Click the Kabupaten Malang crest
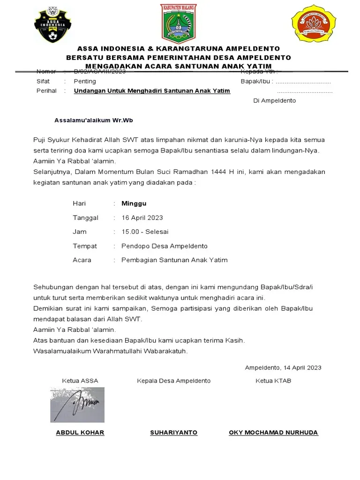click(x=179, y=23)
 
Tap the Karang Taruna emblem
click(x=314, y=23)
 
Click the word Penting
click(x=85, y=81)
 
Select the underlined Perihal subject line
click(x=152, y=90)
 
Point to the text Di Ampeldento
click(x=274, y=101)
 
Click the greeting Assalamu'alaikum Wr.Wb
click(x=94, y=120)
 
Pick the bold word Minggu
click(x=134, y=203)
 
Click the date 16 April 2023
click(x=142, y=217)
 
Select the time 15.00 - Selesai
click(x=145, y=232)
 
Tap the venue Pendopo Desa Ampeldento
click(x=164, y=246)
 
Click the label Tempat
click(x=85, y=246)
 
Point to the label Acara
click(x=82, y=260)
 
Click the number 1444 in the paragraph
click(x=220, y=172)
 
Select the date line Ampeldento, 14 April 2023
click(x=283, y=367)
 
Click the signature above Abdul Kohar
click(x=77, y=405)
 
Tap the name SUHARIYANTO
click(x=173, y=432)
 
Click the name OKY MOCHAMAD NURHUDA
click(x=273, y=432)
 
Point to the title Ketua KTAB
click(x=273, y=381)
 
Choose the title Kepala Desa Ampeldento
click(x=173, y=381)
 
